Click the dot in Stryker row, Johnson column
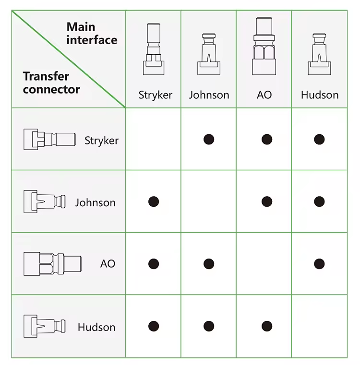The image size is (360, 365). click(x=209, y=140)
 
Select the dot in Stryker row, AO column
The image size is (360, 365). click(x=267, y=140)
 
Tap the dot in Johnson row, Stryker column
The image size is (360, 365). click(x=154, y=201)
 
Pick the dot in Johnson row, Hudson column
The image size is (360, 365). click(x=319, y=201)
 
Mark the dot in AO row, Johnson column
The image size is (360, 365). click(x=209, y=264)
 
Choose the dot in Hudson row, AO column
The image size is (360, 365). click(x=267, y=326)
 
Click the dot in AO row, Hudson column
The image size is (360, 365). click(x=319, y=264)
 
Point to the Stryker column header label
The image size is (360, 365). click(x=156, y=95)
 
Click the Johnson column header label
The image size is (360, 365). click(x=209, y=95)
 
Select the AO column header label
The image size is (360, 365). click(x=264, y=95)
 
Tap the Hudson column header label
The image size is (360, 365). click(x=320, y=95)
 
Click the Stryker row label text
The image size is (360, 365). click(x=101, y=141)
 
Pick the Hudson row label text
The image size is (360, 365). click(x=96, y=327)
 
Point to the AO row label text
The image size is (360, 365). click(x=108, y=264)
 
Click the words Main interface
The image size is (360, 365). click(x=92, y=33)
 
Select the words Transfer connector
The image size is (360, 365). click(x=51, y=83)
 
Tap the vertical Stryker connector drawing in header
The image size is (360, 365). click(x=154, y=49)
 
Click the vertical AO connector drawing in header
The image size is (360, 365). click(x=264, y=46)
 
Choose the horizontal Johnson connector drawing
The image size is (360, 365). click(x=45, y=201)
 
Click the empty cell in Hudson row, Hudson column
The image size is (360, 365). click(x=319, y=326)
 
